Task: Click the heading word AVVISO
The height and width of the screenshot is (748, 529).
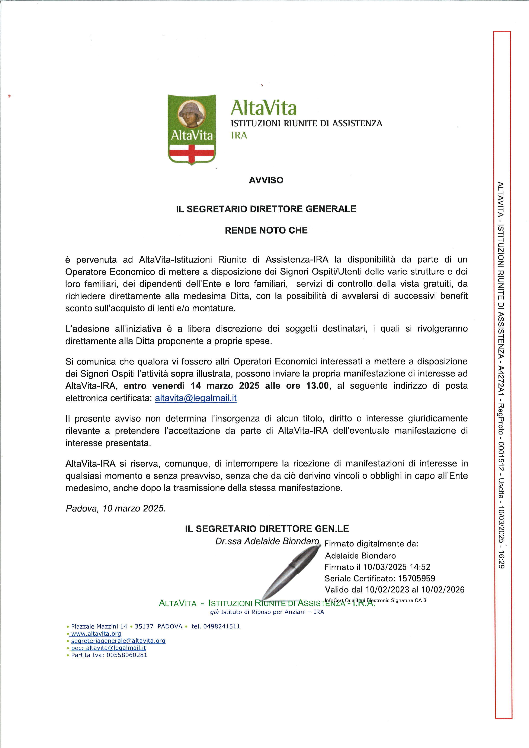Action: (x=266, y=180)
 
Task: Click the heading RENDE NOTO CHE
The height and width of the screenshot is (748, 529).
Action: (x=266, y=230)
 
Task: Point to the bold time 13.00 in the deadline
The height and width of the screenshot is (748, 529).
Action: (x=317, y=386)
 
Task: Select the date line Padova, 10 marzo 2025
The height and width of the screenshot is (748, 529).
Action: (x=116, y=508)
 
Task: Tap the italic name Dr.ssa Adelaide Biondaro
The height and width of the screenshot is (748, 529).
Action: (x=267, y=541)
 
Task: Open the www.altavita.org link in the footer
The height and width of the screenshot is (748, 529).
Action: (x=96, y=634)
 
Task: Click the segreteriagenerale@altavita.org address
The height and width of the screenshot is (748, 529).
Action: (x=118, y=641)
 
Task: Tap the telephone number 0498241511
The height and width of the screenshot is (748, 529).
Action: (x=221, y=626)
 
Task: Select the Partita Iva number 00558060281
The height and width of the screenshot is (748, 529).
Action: (x=125, y=655)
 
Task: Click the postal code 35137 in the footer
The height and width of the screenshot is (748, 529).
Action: (x=144, y=626)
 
